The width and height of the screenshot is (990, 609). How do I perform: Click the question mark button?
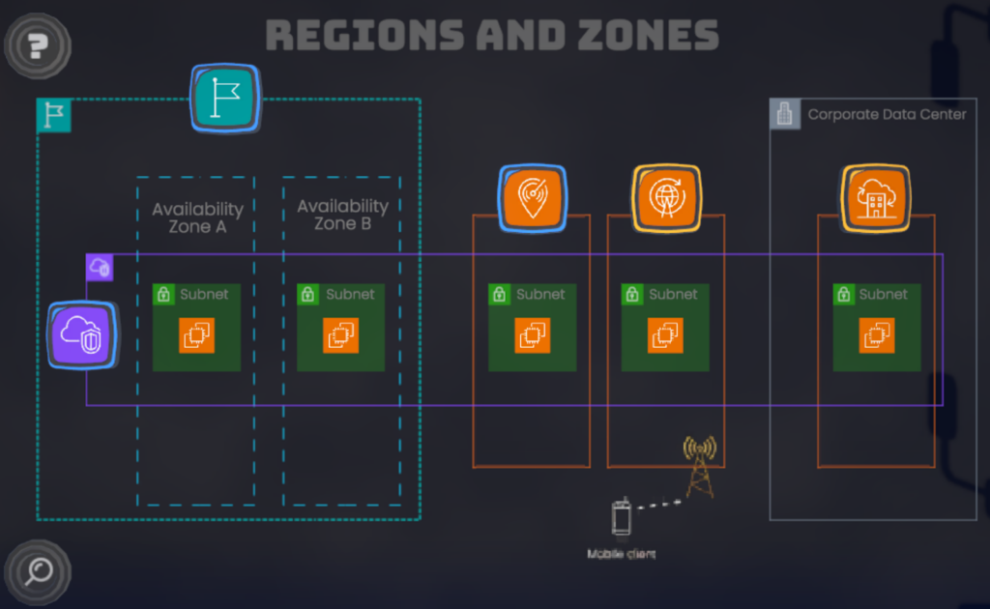pos(38,43)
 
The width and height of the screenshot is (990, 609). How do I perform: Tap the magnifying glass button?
pos(38,572)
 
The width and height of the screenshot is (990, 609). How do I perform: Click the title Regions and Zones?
pos(492,35)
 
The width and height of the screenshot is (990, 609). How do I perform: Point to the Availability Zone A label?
pos(197,217)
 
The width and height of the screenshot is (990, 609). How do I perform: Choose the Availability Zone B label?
pos(342,215)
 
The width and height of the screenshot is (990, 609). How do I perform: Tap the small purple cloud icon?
pos(100,267)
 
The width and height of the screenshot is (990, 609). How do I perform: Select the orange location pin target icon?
pos(533,198)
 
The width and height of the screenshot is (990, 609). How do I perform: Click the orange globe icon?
pos(666,198)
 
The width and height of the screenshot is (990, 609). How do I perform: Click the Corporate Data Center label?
pos(887,114)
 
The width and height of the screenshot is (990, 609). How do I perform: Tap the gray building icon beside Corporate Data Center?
pos(785,114)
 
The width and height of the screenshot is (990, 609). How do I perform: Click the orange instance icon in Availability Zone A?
pos(196,334)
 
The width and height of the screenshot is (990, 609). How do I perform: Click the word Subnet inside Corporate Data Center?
pos(883,294)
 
